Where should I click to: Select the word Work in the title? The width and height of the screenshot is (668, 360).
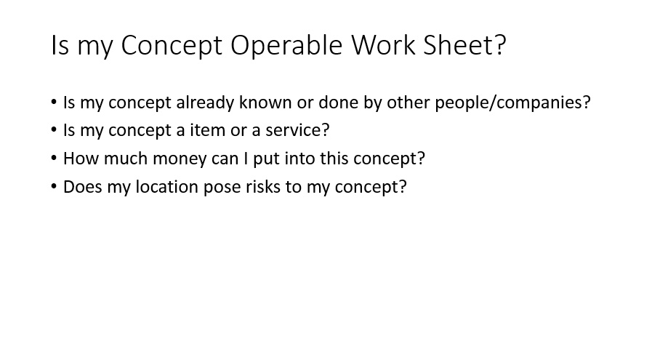tap(383, 45)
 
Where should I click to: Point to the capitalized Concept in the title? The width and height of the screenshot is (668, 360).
tap(172, 46)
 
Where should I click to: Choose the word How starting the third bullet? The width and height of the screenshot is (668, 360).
tap(81, 159)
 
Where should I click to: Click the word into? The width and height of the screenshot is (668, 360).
tap(300, 159)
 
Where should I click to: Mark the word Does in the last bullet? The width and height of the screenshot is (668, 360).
tap(83, 187)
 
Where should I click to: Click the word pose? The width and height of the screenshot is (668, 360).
tap(222, 188)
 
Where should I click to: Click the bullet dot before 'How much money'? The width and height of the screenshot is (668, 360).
tap(54, 159)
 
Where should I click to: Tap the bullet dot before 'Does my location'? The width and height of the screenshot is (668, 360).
tap(54, 187)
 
